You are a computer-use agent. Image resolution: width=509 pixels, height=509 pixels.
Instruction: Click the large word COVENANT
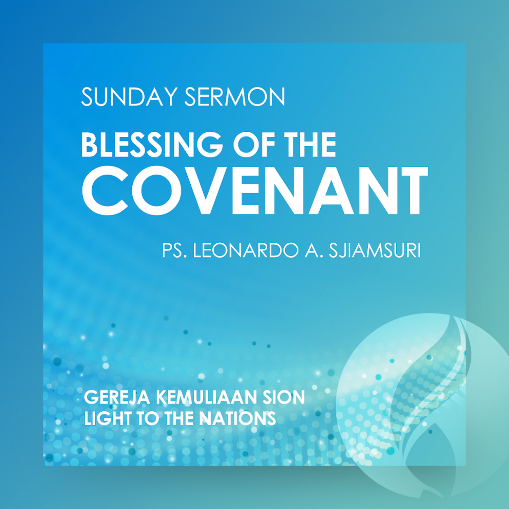pyautogui.click(x=255, y=191)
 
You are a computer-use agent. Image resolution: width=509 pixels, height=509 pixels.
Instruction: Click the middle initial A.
pyautogui.click(x=313, y=250)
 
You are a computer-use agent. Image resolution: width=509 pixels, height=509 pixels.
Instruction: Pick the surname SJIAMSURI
pyautogui.click(x=375, y=250)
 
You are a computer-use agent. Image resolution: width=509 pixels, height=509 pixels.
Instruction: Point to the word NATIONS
pyautogui.click(x=238, y=418)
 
